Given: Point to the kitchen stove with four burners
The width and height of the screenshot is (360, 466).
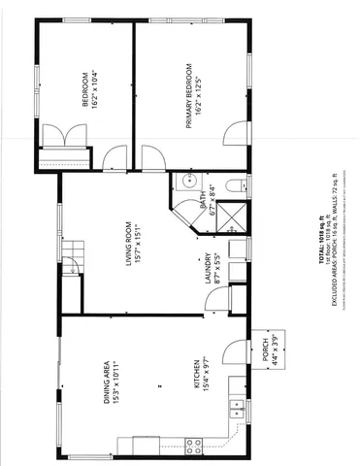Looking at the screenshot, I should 193,446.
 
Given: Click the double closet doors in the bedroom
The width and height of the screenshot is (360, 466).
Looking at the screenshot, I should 66,136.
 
